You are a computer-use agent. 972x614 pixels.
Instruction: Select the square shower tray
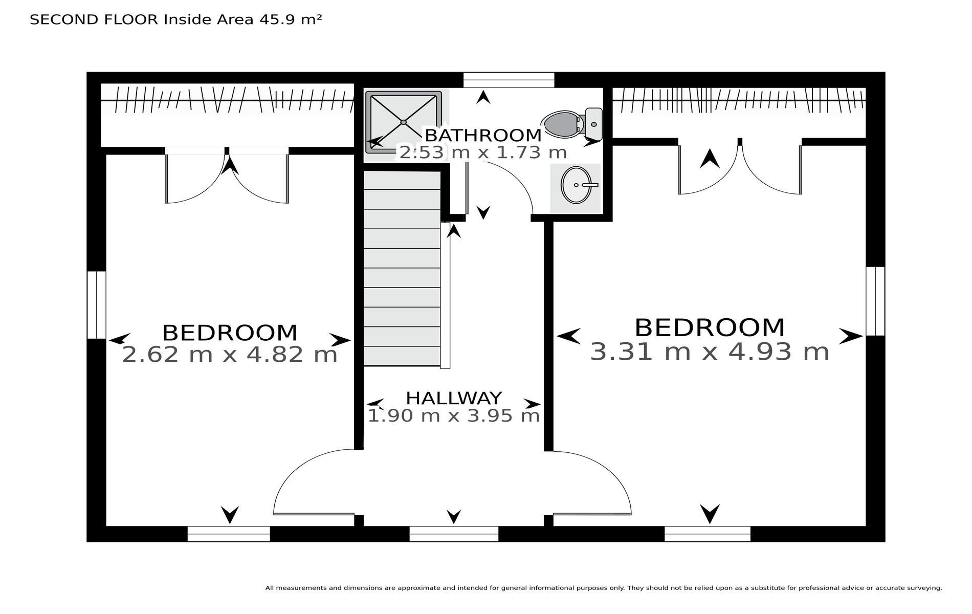click(404, 122)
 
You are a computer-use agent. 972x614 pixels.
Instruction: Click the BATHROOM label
click(483, 136)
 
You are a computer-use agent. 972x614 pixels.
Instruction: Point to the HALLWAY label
click(454, 398)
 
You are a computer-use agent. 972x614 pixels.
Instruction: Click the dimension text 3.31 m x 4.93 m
click(710, 352)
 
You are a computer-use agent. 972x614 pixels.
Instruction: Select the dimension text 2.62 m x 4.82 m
click(230, 354)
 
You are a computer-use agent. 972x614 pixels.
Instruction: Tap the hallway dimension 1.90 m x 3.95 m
click(454, 415)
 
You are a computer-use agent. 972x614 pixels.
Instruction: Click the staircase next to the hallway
click(402, 269)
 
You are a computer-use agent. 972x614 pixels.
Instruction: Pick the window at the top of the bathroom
click(509, 80)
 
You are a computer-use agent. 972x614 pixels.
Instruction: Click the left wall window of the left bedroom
click(96, 305)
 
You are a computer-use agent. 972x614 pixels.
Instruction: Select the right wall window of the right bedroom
click(875, 301)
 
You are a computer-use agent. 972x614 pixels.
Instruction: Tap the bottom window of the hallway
click(454, 534)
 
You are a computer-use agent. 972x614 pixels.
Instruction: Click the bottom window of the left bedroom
click(229, 534)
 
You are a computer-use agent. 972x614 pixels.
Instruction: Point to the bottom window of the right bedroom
click(708, 534)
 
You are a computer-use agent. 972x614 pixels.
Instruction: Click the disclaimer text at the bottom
click(604, 588)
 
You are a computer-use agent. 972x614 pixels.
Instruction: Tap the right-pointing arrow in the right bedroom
click(851, 336)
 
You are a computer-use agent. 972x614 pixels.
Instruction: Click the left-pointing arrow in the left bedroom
click(120, 339)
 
